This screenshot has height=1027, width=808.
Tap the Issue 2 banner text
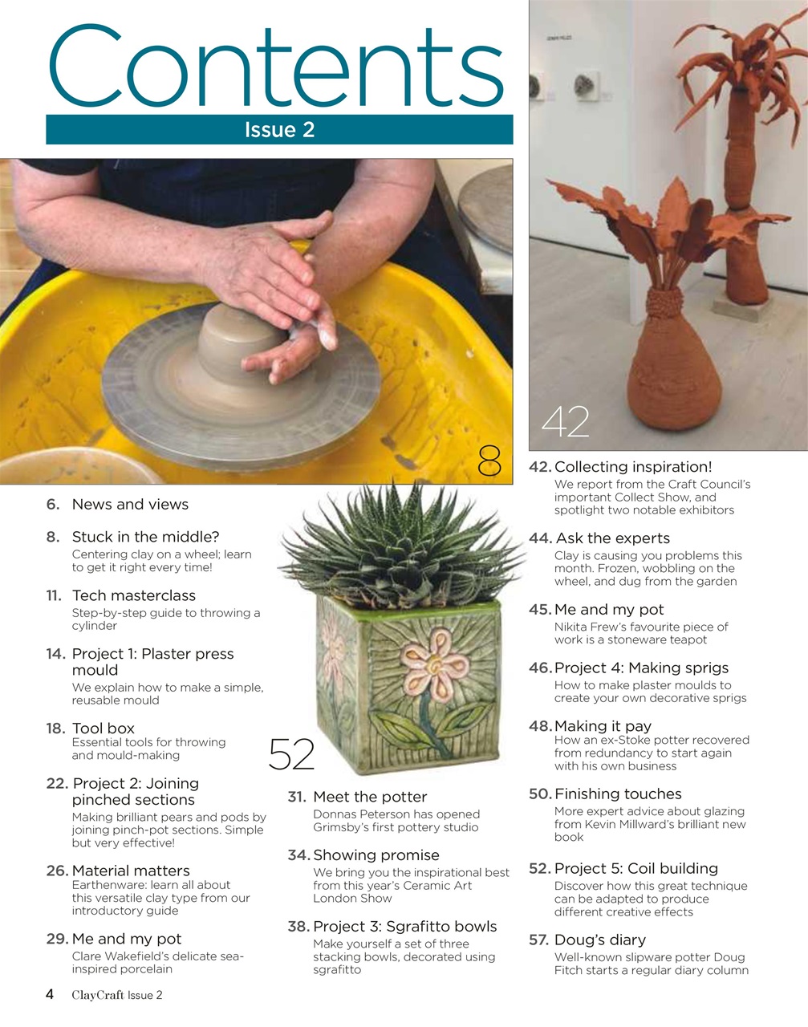coord(279,130)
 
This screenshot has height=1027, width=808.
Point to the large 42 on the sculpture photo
coord(566,422)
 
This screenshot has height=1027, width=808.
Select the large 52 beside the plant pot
coord(291,753)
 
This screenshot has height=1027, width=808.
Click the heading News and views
coord(130,505)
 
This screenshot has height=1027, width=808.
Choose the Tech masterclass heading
coord(134,595)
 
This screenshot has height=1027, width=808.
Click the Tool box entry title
coord(104,729)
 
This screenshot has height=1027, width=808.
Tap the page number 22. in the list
coord(56,783)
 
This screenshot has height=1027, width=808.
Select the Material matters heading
coord(131,871)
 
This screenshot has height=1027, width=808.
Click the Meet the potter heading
coord(370,797)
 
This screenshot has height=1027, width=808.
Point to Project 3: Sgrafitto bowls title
coord(405,927)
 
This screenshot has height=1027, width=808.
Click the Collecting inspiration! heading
coord(633,467)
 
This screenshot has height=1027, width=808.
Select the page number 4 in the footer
coord(50,995)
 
